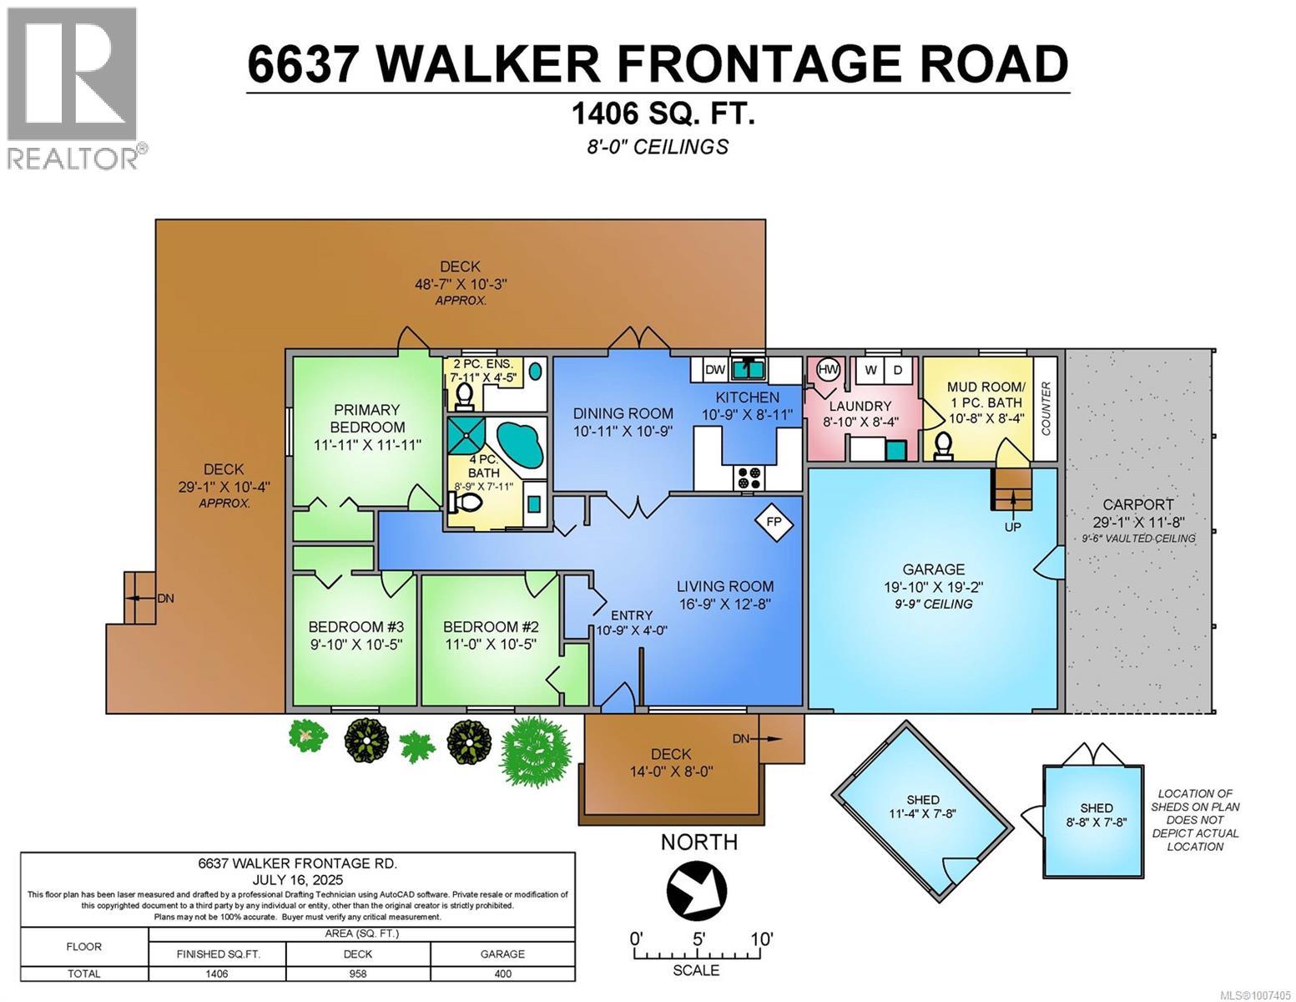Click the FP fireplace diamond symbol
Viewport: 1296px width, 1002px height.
coord(774,522)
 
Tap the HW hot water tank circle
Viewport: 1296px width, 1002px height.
coord(827,370)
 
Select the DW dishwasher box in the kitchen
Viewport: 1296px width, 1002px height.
coord(714,370)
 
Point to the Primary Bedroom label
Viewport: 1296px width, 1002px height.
coord(366,417)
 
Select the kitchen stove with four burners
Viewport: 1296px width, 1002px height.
coord(748,478)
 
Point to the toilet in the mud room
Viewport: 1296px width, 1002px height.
coord(944,445)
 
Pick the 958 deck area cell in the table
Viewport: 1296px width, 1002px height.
coord(358,974)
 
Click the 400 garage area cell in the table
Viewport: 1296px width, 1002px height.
coord(502,974)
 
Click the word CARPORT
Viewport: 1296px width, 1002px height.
coord(1137,504)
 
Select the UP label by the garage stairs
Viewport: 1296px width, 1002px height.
coord(1012,527)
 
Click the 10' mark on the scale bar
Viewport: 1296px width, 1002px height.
coord(760,939)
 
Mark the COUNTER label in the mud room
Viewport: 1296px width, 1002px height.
coord(1046,409)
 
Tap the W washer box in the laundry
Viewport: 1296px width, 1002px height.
coord(870,370)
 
